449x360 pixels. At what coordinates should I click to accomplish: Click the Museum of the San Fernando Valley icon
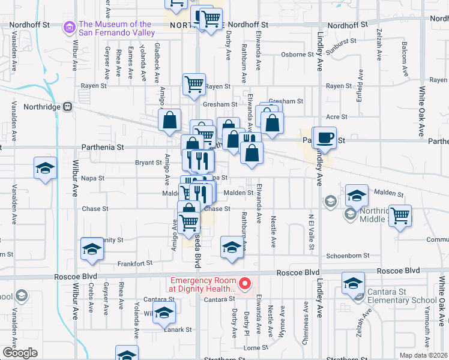click(x=68, y=28)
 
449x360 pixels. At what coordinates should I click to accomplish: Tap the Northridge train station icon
click(x=68, y=107)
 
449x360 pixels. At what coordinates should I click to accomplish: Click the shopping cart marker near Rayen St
click(x=194, y=85)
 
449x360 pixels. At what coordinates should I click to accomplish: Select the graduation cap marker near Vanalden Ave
click(x=44, y=170)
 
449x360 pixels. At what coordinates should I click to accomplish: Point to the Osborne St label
click(x=293, y=54)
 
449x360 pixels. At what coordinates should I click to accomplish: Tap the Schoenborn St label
click(x=346, y=256)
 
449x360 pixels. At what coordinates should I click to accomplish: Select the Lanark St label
click(x=179, y=329)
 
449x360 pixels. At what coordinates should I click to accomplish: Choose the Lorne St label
click(x=255, y=347)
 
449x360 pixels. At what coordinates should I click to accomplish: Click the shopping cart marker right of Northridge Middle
click(x=400, y=215)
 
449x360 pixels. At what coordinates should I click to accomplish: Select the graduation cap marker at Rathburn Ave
click(x=232, y=247)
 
